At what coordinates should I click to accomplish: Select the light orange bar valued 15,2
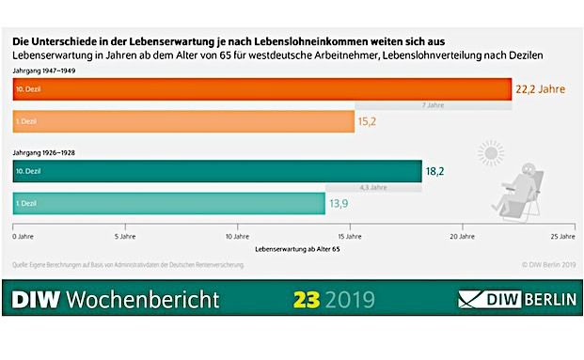click(183, 121)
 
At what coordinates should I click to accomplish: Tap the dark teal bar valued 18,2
click(217, 171)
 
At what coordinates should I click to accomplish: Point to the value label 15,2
click(368, 121)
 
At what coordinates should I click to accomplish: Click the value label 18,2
click(434, 171)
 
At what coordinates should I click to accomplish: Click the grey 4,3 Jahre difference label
click(372, 187)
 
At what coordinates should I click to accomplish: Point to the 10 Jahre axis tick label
click(236, 236)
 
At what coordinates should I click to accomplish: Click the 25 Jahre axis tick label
click(561, 236)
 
